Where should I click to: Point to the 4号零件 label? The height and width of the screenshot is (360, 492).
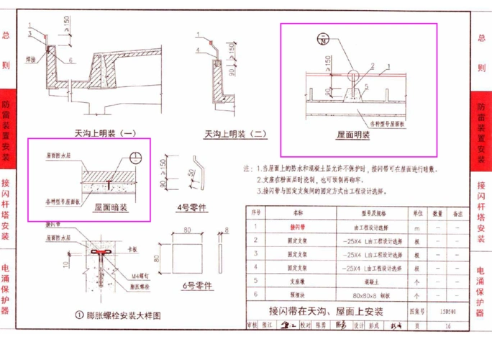(x=191, y=207)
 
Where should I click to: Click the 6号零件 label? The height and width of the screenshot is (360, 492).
(x=197, y=285)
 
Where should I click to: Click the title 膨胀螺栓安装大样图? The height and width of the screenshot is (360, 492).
(x=122, y=315)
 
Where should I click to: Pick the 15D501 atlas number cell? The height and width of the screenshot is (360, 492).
(x=447, y=312)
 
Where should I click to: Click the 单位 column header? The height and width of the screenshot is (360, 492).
(x=416, y=213)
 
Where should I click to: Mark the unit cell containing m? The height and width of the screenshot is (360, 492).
(x=416, y=226)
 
